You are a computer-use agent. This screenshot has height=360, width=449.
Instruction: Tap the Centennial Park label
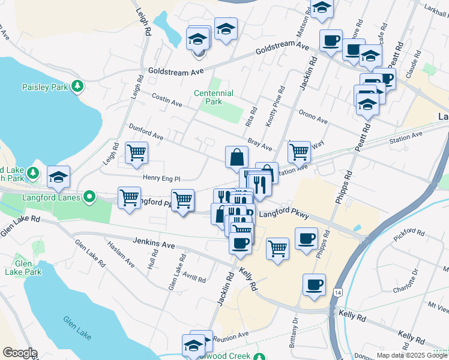click(213, 97)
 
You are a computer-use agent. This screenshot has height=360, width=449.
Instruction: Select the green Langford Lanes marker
click(89, 196)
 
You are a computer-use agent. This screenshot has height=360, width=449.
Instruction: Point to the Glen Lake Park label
click(28, 268)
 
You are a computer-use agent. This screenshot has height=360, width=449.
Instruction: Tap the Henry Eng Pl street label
click(161, 178)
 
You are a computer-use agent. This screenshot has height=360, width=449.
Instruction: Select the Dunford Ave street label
click(146, 132)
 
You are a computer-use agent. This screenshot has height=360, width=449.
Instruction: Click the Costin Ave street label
click(167, 100)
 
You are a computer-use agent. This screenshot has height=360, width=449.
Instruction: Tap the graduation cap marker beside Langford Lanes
click(58, 176)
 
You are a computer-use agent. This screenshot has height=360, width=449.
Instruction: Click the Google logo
click(19, 353)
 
